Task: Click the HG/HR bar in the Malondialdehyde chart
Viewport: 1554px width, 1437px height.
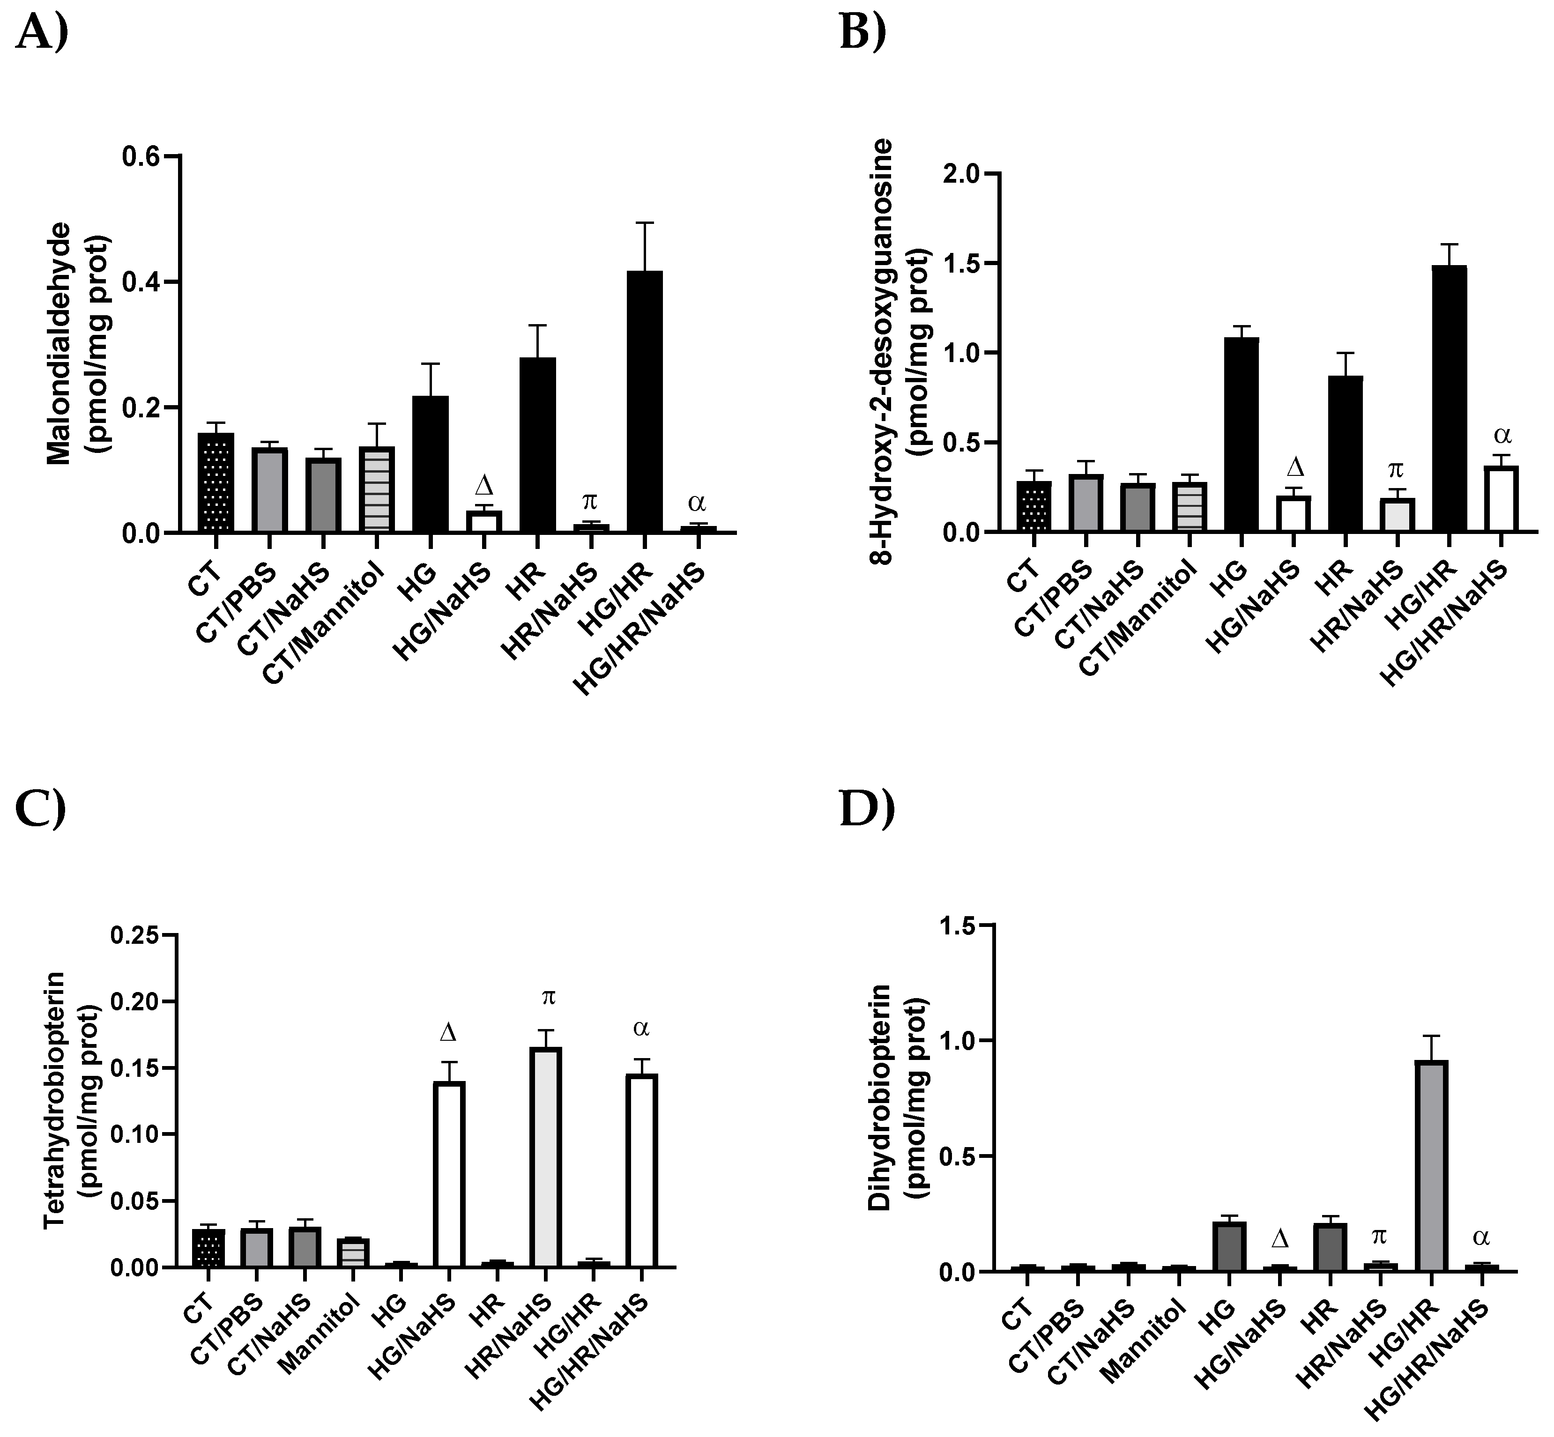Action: [x=645, y=401]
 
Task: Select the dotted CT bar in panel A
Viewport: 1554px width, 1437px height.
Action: [x=216, y=482]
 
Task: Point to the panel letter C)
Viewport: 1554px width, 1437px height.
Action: [x=40, y=809]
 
